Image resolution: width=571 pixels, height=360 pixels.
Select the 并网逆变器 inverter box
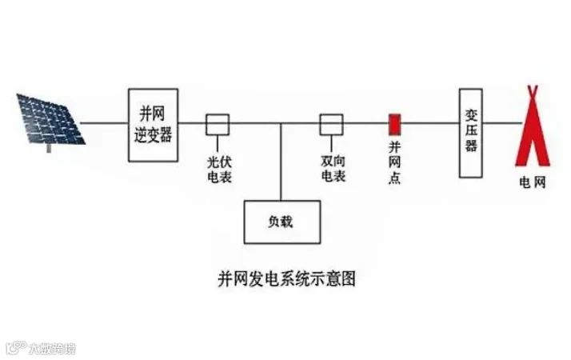point(154,125)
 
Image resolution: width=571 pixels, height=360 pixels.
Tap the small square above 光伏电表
point(218,124)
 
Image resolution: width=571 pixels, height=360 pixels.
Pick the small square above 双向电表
point(331,124)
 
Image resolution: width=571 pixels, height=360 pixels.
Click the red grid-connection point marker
point(394,124)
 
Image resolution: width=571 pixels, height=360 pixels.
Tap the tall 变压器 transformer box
point(471,132)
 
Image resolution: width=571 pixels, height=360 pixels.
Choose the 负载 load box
point(282,221)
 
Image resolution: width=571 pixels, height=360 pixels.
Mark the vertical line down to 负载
point(282,164)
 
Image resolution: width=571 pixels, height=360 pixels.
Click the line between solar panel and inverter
point(106,124)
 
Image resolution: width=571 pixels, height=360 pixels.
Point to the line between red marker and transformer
point(429,124)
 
